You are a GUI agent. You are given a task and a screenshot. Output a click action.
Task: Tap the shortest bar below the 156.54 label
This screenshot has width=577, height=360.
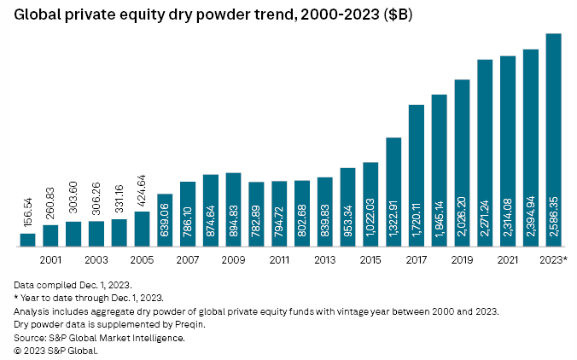coord(28,240)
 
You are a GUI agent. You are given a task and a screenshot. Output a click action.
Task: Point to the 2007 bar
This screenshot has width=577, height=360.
coord(188,213)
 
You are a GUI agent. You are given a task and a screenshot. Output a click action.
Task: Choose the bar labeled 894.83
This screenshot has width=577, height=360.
coord(233,209)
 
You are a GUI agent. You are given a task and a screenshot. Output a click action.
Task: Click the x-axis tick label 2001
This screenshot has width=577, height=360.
coord(51,258)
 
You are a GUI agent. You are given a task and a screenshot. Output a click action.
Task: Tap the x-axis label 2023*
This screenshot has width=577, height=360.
coord(552,258)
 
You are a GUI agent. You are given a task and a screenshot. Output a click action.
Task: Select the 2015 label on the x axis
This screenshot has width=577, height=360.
coord(370,258)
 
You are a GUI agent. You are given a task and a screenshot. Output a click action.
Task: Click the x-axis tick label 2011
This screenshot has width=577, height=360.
coord(279,258)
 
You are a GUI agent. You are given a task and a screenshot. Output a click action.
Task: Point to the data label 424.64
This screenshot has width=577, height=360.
coord(143,187)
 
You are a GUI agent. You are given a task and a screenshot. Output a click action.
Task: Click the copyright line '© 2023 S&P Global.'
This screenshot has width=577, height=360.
coord(55,350)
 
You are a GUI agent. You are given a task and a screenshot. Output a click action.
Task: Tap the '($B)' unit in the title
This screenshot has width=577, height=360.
coord(394,15)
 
